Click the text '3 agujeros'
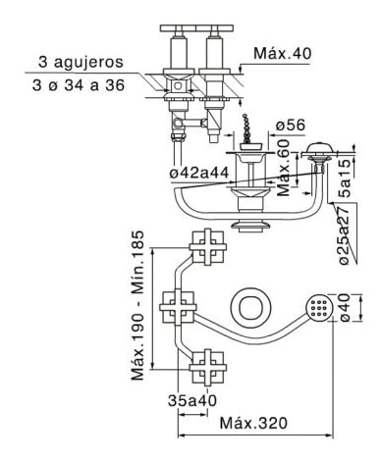[x=81, y=62]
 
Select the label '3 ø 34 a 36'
[x=79, y=85]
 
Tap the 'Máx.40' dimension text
[x=283, y=53]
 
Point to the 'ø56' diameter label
[x=291, y=125]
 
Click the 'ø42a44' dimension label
[x=199, y=173]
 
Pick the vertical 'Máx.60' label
[x=284, y=168]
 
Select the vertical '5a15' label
[x=346, y=179]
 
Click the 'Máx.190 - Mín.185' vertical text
[x=137, y=305]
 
